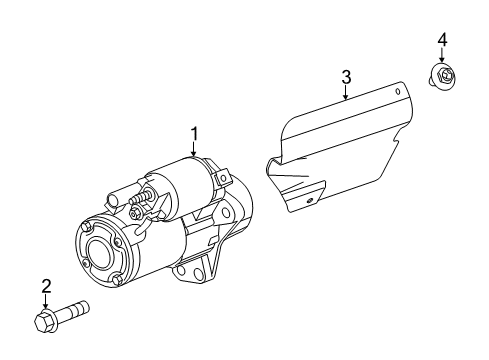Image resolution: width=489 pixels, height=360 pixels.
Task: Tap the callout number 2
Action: click(x=45, y=287)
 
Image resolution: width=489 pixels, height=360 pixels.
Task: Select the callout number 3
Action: click(x=346, y=76)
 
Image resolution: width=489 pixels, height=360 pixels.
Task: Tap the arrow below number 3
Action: click(x=346, y=93)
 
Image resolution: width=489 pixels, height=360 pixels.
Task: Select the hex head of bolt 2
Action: click(x=46, y=321)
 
